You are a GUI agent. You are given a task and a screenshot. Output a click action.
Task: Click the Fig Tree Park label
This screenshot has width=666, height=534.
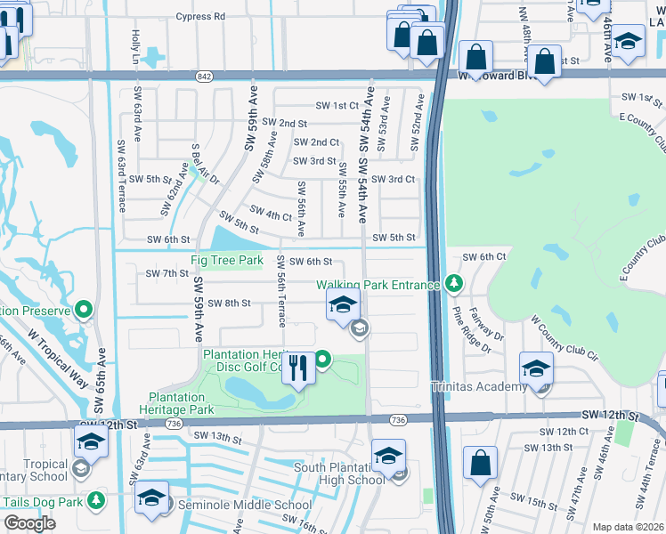(x=227, y=260)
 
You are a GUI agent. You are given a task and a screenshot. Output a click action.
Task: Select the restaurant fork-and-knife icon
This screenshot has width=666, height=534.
(x=298, y=367)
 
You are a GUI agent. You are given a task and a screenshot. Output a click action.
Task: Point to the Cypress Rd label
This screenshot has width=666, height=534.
(x=200, y=16)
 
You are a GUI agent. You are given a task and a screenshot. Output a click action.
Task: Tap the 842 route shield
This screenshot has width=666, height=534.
(x=206, y=77)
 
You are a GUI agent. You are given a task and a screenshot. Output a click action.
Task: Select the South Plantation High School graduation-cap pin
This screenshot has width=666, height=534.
(x=389, y=456)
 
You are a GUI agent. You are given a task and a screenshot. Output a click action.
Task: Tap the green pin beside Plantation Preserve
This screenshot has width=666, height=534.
(x=84, y=311)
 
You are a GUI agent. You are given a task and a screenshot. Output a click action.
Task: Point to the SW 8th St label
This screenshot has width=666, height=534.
(x=229, y=303)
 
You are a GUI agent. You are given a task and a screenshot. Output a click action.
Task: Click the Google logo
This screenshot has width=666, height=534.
(x=29, y=522)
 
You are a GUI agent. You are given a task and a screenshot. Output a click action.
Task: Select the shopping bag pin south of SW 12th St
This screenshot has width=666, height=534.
(x=480, y=464)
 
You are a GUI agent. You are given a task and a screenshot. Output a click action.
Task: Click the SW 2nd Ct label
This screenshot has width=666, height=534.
(x=316, y=142)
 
